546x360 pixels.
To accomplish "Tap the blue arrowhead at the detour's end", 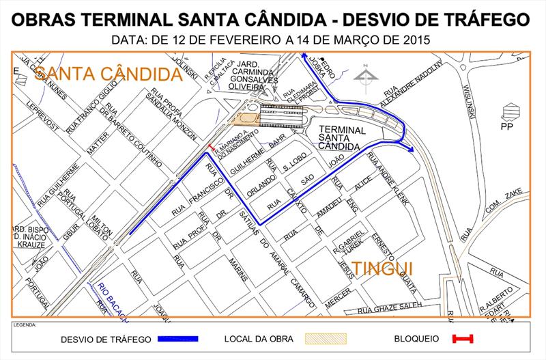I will click(410, 149).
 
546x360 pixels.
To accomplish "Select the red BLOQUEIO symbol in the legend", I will click(463, 338).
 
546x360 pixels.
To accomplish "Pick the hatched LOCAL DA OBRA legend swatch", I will click(327, 338).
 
